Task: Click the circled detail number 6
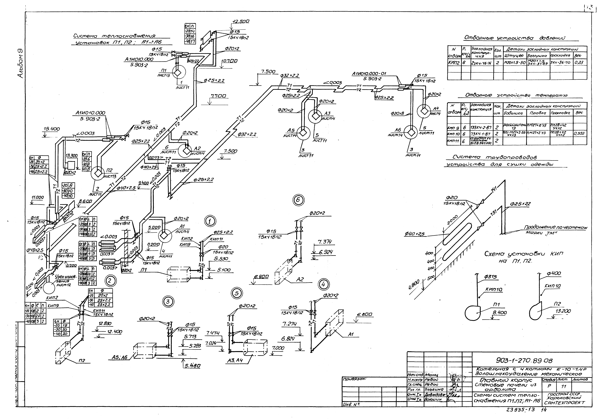(x=298, y=200)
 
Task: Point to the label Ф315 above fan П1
(x=490, y=277)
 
